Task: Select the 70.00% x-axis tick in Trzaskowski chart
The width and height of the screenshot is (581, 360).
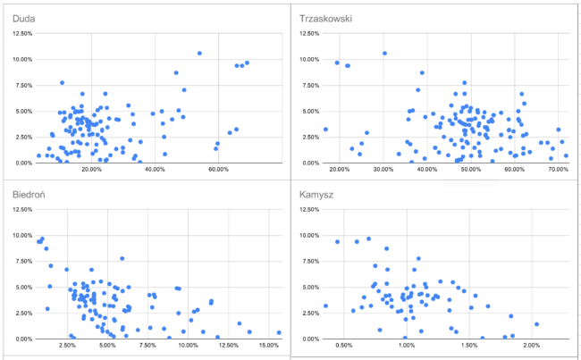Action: point(559,169)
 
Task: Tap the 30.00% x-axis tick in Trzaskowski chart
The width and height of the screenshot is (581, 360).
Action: point(383,169)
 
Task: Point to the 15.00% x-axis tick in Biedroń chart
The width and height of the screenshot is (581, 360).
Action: point(268,345)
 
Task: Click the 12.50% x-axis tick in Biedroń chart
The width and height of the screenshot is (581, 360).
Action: point(228,345)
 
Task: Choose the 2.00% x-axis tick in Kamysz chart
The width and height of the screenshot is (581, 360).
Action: point(531,345)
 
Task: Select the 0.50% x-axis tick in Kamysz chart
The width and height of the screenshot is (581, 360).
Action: point(343,345)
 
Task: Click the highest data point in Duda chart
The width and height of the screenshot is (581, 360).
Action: point(199,54)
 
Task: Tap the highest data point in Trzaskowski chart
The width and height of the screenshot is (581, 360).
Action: point(384,54)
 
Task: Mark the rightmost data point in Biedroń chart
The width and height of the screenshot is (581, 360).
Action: point(279,332)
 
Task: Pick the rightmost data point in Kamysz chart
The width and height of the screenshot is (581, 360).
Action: point(536,324)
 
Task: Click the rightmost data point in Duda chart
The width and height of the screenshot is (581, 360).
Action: point(247,63)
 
